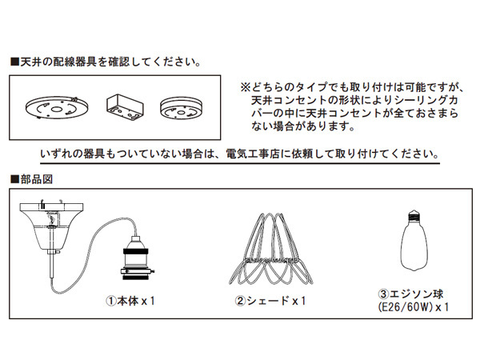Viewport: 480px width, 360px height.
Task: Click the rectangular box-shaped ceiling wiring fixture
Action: (125, 107)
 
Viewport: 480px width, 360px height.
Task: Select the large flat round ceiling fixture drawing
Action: (57, 107)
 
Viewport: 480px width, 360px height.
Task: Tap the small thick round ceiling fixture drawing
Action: (182, 108)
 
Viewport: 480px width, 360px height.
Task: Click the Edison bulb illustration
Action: (414, 240)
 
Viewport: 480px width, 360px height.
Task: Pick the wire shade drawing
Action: (271, 249)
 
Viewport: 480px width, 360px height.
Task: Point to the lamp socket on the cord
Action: (136, 258)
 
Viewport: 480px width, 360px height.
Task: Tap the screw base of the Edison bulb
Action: (414, 215)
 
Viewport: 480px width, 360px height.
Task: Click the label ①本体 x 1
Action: (130, 302)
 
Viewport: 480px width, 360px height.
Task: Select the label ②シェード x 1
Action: (270, 302)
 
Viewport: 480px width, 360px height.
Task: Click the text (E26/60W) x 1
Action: (414, 307)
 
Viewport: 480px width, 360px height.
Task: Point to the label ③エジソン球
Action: (411, 294)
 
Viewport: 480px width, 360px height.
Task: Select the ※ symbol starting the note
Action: (246, 88)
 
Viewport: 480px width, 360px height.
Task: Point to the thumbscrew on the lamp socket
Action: (153, 271)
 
